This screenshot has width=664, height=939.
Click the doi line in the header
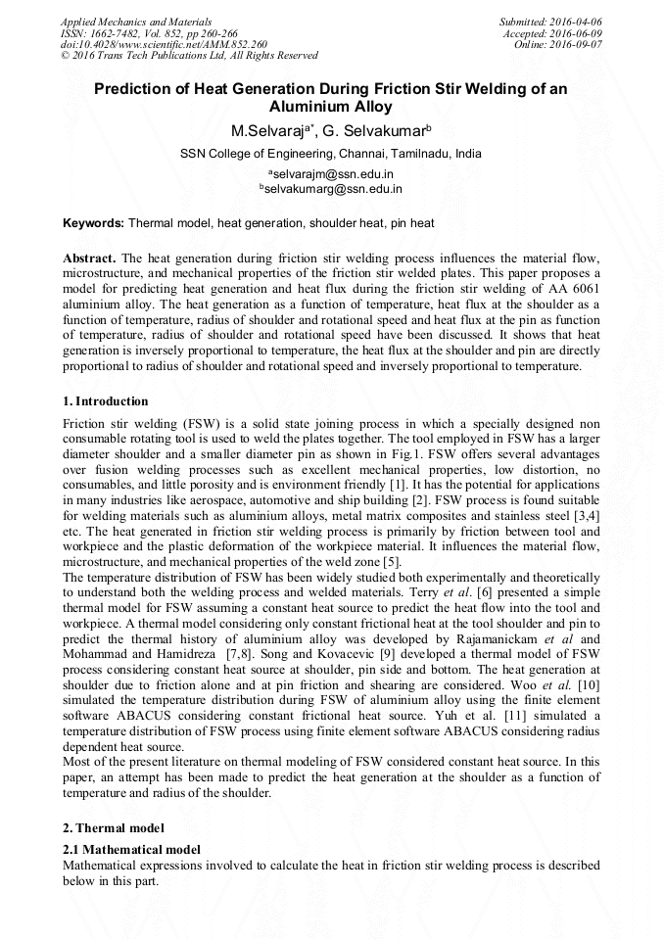pyautogui.click(x=164, y=45)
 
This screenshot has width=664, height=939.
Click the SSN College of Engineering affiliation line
pyautogui.click(x=331, y=154)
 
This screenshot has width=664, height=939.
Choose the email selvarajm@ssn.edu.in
pyautogui.click(x=331, y=173)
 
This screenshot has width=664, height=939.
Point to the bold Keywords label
pyautogui.click(x=93, y=223)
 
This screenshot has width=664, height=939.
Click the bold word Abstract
pyautogui.click(x=89, y=258)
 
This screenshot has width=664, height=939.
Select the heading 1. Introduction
pyautogui.click(x=106, y=401)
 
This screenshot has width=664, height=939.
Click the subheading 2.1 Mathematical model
pyautogui.click(x=131, y=850)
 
